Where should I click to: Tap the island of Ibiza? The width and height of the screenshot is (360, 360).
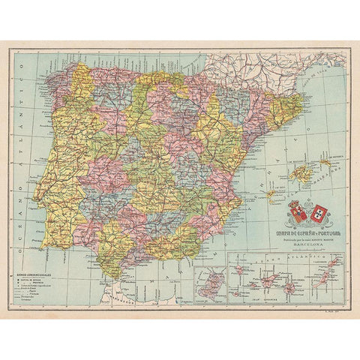(271, 194)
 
